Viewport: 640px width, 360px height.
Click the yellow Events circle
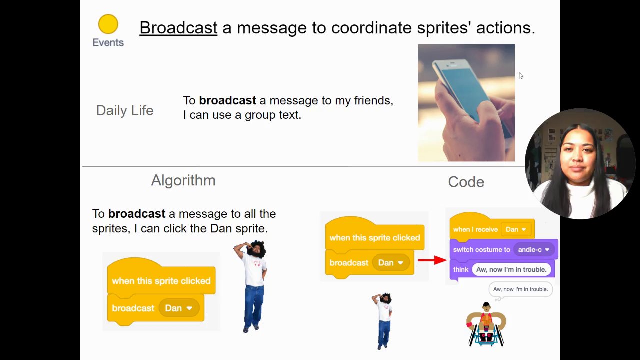tap(108, 24)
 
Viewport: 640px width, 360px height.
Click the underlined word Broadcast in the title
tap(178, 28)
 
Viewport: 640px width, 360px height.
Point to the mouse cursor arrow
tap(521, 75)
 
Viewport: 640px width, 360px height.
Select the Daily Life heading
tap(125, 111)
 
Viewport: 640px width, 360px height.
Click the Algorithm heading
tap(183, 180)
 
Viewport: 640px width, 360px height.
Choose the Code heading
tap(466, 182)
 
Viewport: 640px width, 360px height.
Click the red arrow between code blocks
tap(432, 260)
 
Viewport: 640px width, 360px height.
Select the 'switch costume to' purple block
tap(504, 249)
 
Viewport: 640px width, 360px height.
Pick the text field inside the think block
tap(511, 269)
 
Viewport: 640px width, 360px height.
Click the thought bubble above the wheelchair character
tap(520, 289)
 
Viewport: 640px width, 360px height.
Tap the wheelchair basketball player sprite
tap(486, 324)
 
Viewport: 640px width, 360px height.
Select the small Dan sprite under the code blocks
tap(383, 321)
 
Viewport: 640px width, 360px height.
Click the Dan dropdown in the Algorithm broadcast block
tap(179, 308)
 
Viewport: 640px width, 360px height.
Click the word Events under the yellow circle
tap(108, 43)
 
